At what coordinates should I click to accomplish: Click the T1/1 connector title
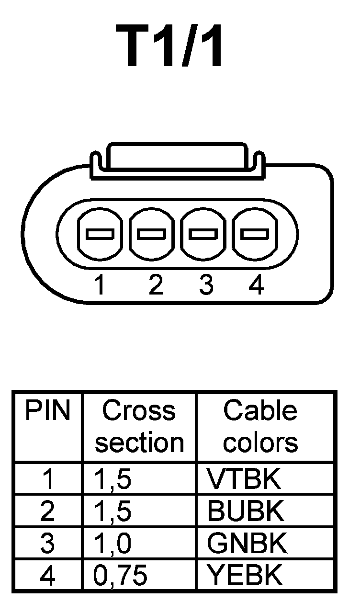[x=175, y=45]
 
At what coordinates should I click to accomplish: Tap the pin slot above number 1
[x=100, y=234]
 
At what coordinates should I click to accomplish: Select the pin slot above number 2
[x=151, y=234]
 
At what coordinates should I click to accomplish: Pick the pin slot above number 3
[x=203, y=234]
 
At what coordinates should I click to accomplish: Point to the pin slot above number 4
[x=254, y=234]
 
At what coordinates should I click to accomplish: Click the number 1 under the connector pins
[x=100, y=286]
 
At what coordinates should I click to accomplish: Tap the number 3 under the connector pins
[x=206, y=286]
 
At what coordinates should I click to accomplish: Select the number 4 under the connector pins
[x=257, y=286]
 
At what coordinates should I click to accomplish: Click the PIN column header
[x=47, y=411]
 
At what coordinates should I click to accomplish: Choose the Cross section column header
[x=139, y=427]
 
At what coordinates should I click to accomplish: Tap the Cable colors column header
[x=260, y=427]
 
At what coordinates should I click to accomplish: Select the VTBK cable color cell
[x=244, y=479]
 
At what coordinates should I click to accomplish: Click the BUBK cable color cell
[x=246, y=511]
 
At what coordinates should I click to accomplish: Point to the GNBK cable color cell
[x=247, y=544]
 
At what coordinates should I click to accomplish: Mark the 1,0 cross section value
[x=113, y=544]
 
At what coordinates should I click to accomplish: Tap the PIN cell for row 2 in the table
[x=48, y=511]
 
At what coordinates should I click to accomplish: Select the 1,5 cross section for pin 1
[x=113, y=479]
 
